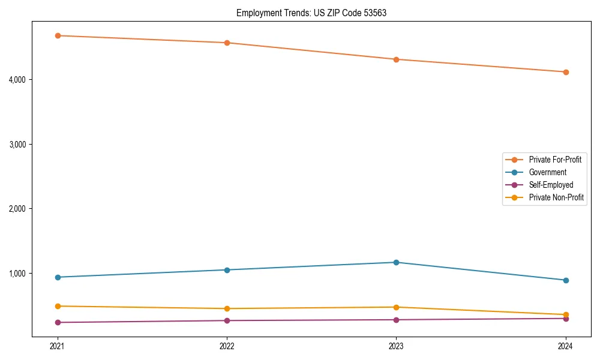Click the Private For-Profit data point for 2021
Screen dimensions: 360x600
pyautogui.click(x=58, y=35)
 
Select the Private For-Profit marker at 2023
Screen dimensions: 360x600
pyautogui.click(x=397, y=59)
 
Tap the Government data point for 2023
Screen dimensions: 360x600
pyautogui.click(x=397, y=262)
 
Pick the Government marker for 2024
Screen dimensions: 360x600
pyautogui.click(x=566, y=280)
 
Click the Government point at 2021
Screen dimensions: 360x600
pyautogui.click(x=58, y=277)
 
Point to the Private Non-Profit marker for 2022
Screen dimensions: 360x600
pyautogui.click(x=227, y=308)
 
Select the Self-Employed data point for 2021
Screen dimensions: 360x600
pyautogui.click(x=58, y=322)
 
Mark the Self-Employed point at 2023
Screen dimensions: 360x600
pyautogui.click(x=397, y=320)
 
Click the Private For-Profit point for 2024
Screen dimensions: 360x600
pyautogui.click(x=566, y=72)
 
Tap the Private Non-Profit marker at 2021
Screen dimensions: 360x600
pyautogui.click(x=58, y=306)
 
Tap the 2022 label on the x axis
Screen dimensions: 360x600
pyautogui.click(x=227, y=346)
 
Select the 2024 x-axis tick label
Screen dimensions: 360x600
pyautogui.click(x=566, y=346)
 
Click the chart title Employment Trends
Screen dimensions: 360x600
pyautogui.click(x=311, y=13)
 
